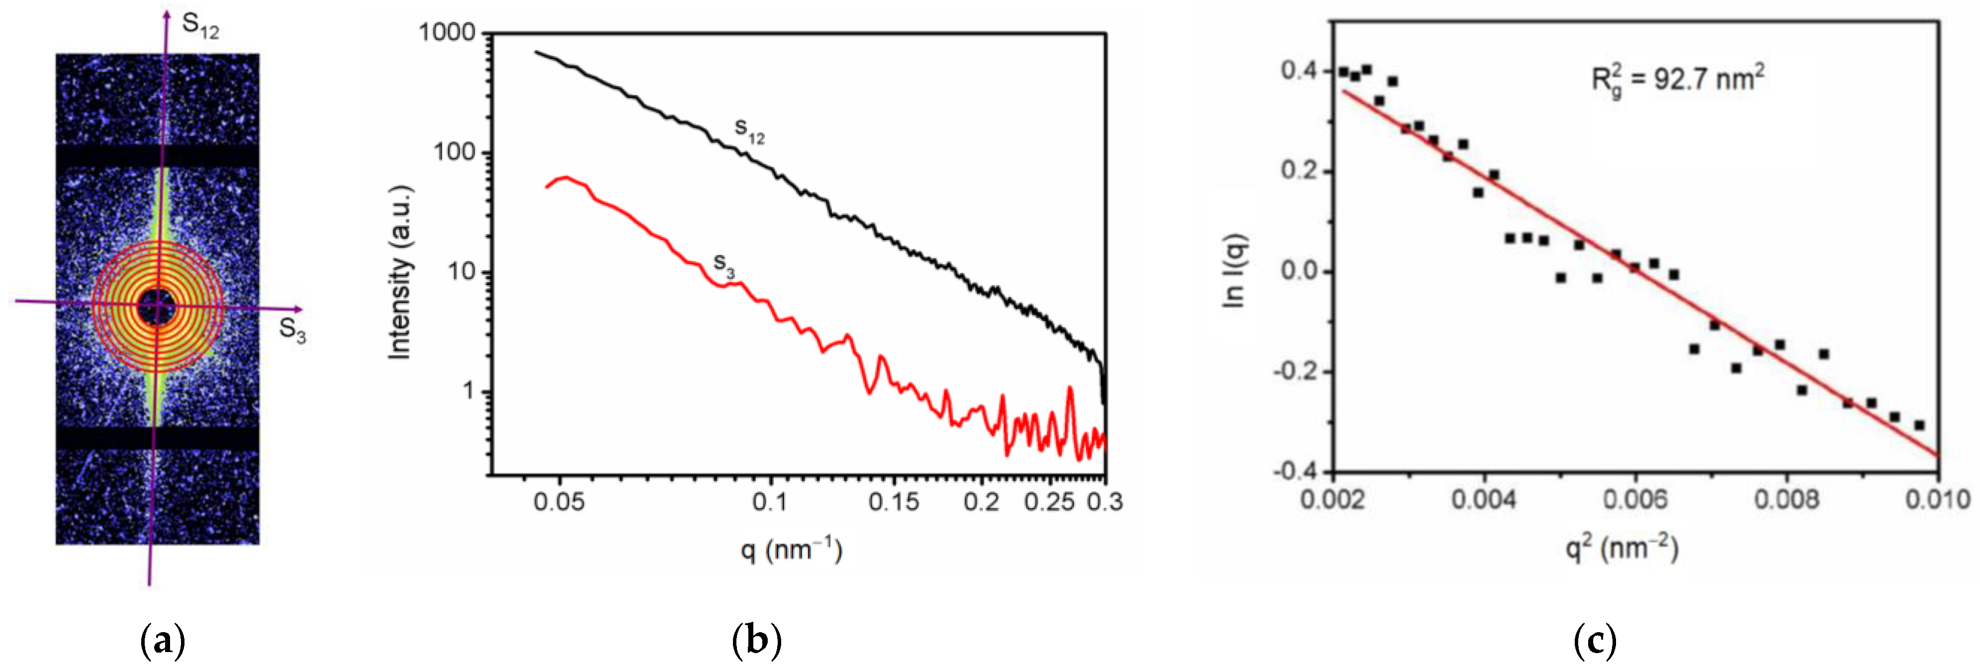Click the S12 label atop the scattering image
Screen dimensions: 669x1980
(x=200, y=26)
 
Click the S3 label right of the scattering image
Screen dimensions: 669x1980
(x=292, y=330)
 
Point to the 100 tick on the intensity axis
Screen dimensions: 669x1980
(x=454, y=152)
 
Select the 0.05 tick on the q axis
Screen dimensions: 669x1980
(x=559, y=502)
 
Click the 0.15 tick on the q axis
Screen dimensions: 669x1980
(x=894, y=502)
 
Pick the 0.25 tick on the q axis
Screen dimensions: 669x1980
(x=1049, y=502)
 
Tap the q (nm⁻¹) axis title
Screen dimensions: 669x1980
(x=792, y=550)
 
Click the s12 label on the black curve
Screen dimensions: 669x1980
(x=749, y=131)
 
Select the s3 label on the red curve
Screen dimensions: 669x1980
(x=724, y=265)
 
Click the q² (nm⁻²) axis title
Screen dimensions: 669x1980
(x=1622, y=548)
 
